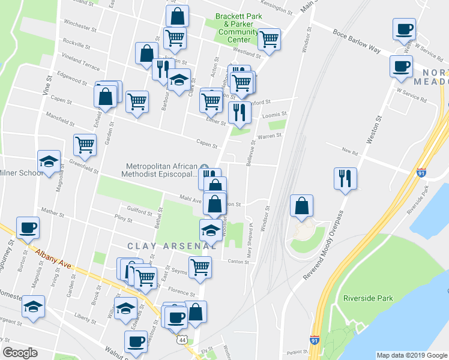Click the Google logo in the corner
coord(20,353)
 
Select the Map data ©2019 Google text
coord(411,355)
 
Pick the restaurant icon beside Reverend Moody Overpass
coord(345,178)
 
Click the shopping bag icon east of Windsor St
coord(301,205)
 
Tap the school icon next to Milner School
coord(49,161)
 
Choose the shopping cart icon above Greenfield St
coord(85,145)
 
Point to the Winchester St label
coord(76,26)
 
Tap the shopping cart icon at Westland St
coord(269,39)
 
